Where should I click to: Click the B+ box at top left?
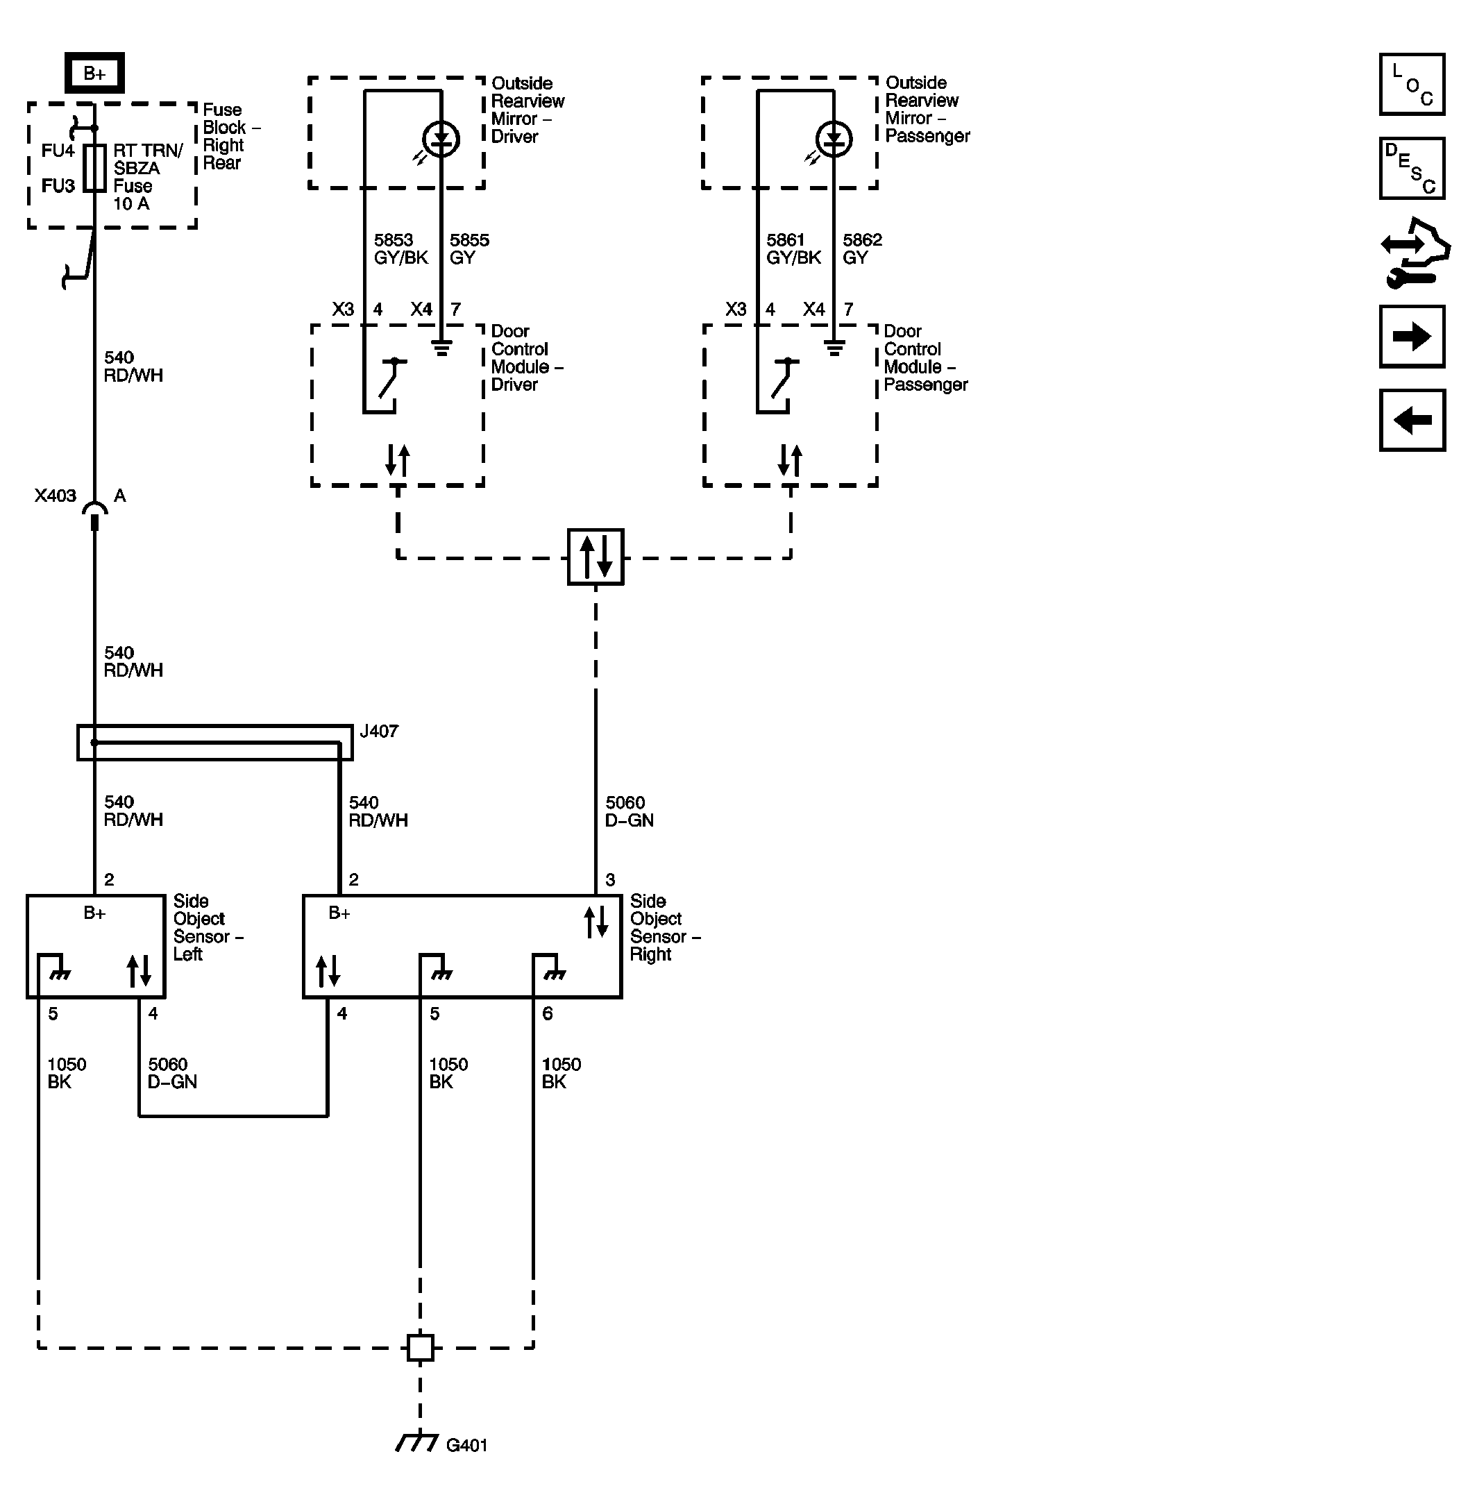click(94, 73)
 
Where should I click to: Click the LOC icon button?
click(1411, 85)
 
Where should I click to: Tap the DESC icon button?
click(1411, 169)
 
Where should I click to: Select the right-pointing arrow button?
click(1411, 336)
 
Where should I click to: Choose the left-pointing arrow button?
click(1411, 420)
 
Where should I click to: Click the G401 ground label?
click(466, 1444)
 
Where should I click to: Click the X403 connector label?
click(55, 495)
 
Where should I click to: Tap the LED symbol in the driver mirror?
click(441, 140)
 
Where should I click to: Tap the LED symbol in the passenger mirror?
click(834, 140)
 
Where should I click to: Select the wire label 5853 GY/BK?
click(400, 249)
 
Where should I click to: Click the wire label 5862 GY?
click(862, 249)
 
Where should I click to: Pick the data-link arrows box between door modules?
click(595, 556)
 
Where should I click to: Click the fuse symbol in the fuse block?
click(94, 167)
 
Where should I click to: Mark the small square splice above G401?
click(421, 1347)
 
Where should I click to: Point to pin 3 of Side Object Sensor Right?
click(609, 879)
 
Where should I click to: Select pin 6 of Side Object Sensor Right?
click(547, 1013)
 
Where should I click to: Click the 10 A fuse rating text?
click(131, 204)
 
